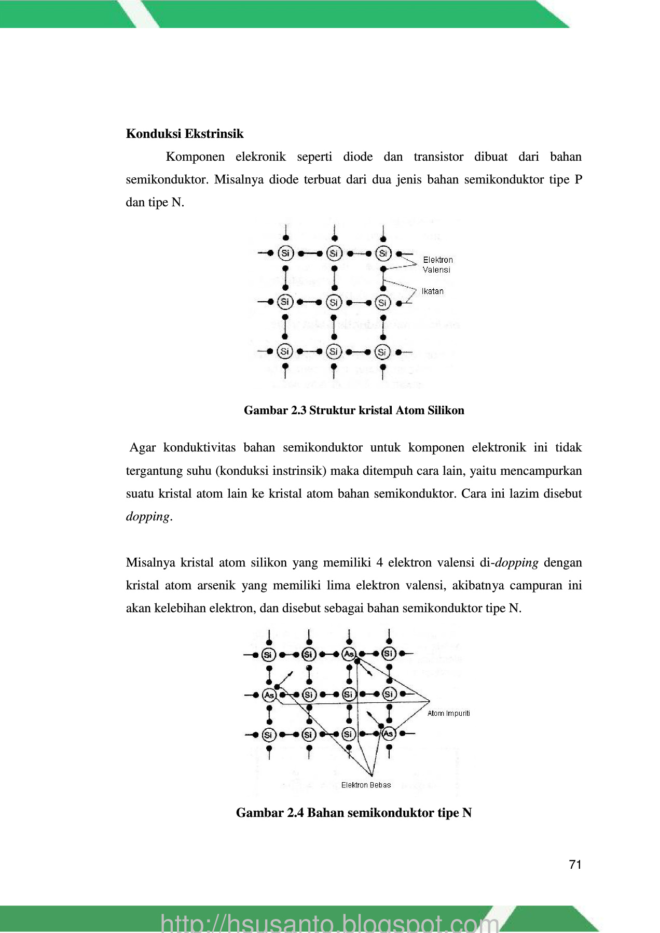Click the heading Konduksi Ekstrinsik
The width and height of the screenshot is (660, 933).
coord(184,134)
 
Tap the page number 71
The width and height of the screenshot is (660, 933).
coord(575,864)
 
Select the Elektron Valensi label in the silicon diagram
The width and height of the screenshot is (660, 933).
coord(437,264)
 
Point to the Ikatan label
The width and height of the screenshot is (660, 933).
coord(433,291)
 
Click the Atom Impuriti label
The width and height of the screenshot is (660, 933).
coord(448,713)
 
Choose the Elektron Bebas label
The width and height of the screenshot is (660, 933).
coord(366,785)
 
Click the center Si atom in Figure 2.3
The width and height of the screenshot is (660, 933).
coord(334,302)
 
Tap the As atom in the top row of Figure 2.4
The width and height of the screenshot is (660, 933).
coord(349,654)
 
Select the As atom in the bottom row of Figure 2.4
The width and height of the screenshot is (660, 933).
coord(388,733)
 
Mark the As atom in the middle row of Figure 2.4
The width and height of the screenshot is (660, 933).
coord(269,695)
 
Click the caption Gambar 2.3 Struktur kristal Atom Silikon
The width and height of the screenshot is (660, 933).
coord(354,411)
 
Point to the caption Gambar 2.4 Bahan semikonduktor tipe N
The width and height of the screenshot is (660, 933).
coord(354,812)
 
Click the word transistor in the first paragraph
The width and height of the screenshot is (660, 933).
coord(438,157)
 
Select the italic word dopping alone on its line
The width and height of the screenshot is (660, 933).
coord(148,516)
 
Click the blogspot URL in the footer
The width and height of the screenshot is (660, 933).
coord(330,923)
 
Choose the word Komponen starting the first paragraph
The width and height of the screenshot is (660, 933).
coord(195,157)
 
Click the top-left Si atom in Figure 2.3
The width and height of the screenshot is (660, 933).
coord(285,253)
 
